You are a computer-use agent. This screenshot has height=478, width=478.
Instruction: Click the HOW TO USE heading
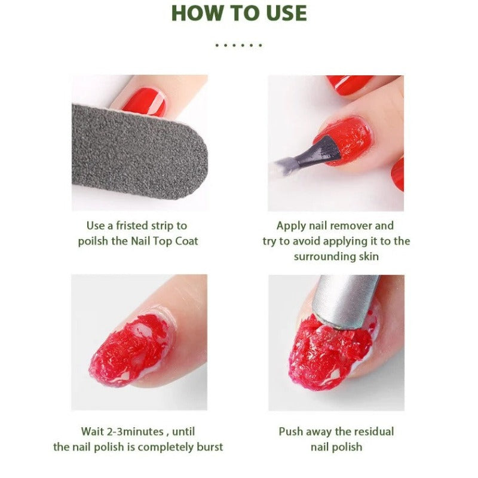(x=239, y=13)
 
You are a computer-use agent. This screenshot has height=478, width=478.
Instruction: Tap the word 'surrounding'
(x=322, y=256)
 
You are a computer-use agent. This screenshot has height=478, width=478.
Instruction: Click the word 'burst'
(x=209, y=447)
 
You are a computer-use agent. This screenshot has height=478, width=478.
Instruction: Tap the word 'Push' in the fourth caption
(x=291, y=431)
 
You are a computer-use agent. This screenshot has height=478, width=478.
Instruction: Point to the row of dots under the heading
(x=239, y=45)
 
